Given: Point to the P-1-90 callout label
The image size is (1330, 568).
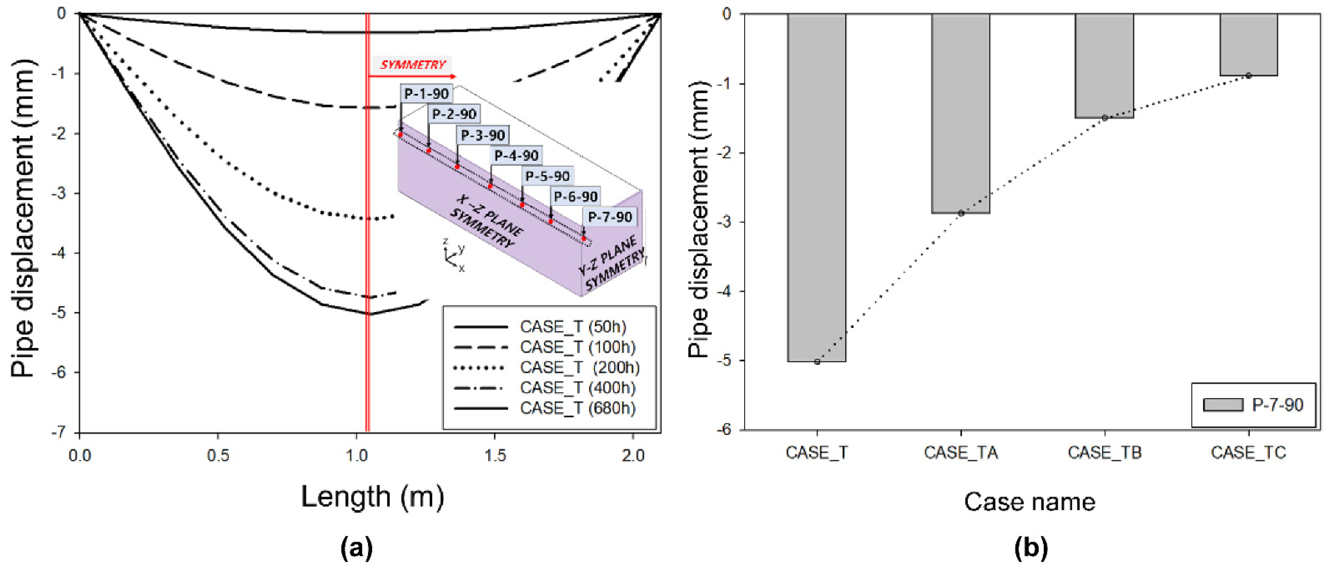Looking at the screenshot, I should (x=426, y=94).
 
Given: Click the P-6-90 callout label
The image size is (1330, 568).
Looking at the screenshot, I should (x=575, y=197).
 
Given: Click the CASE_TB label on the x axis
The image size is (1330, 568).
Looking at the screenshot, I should (x=1104, y=453).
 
